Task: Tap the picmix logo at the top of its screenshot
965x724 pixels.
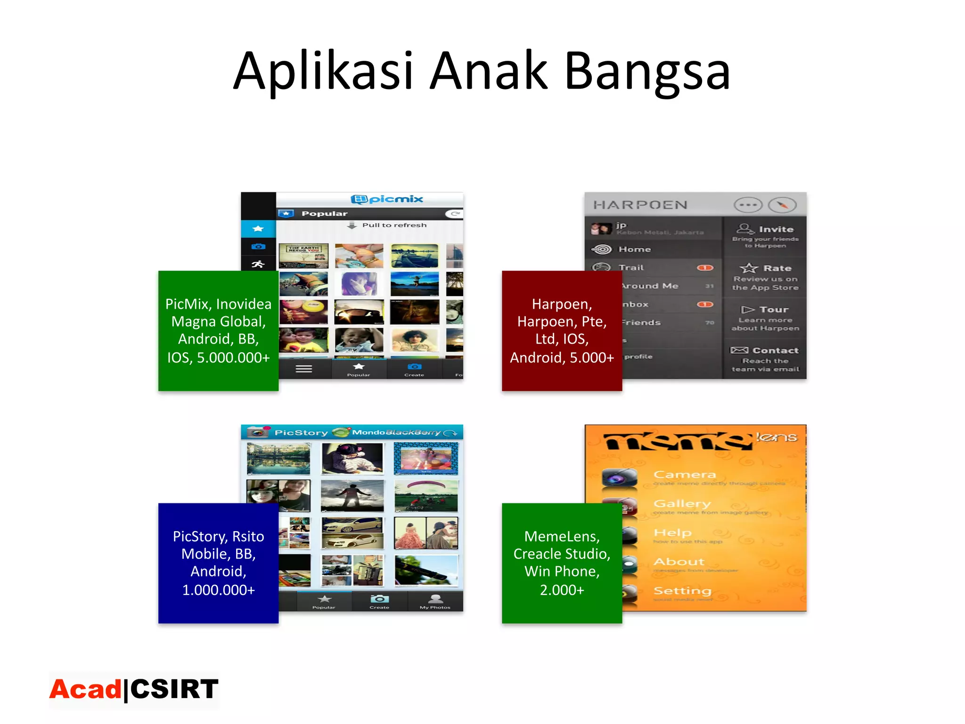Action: point(387,199)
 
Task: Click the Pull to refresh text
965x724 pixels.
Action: point(394,225)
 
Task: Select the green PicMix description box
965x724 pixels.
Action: point(218,330)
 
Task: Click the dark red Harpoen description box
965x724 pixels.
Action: point(562,330)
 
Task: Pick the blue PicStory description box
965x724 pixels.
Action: point(218,563)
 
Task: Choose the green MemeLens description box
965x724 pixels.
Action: point(562,563)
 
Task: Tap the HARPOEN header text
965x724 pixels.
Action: point(640,205)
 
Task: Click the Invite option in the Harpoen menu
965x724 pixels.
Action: point(776,230)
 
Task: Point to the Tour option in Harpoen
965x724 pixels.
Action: point(773,310)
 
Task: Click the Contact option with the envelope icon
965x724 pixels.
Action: point(775,351)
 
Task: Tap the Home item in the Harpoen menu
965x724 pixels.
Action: point(634,249)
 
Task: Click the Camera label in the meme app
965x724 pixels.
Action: point(684,475)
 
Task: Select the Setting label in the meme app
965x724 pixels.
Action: point(682,591)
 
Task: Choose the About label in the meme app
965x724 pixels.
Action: point(679,562)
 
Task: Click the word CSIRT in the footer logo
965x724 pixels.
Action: point(174,689)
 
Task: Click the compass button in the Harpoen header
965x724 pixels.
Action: point(782,205)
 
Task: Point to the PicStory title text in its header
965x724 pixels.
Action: point(301,433)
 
